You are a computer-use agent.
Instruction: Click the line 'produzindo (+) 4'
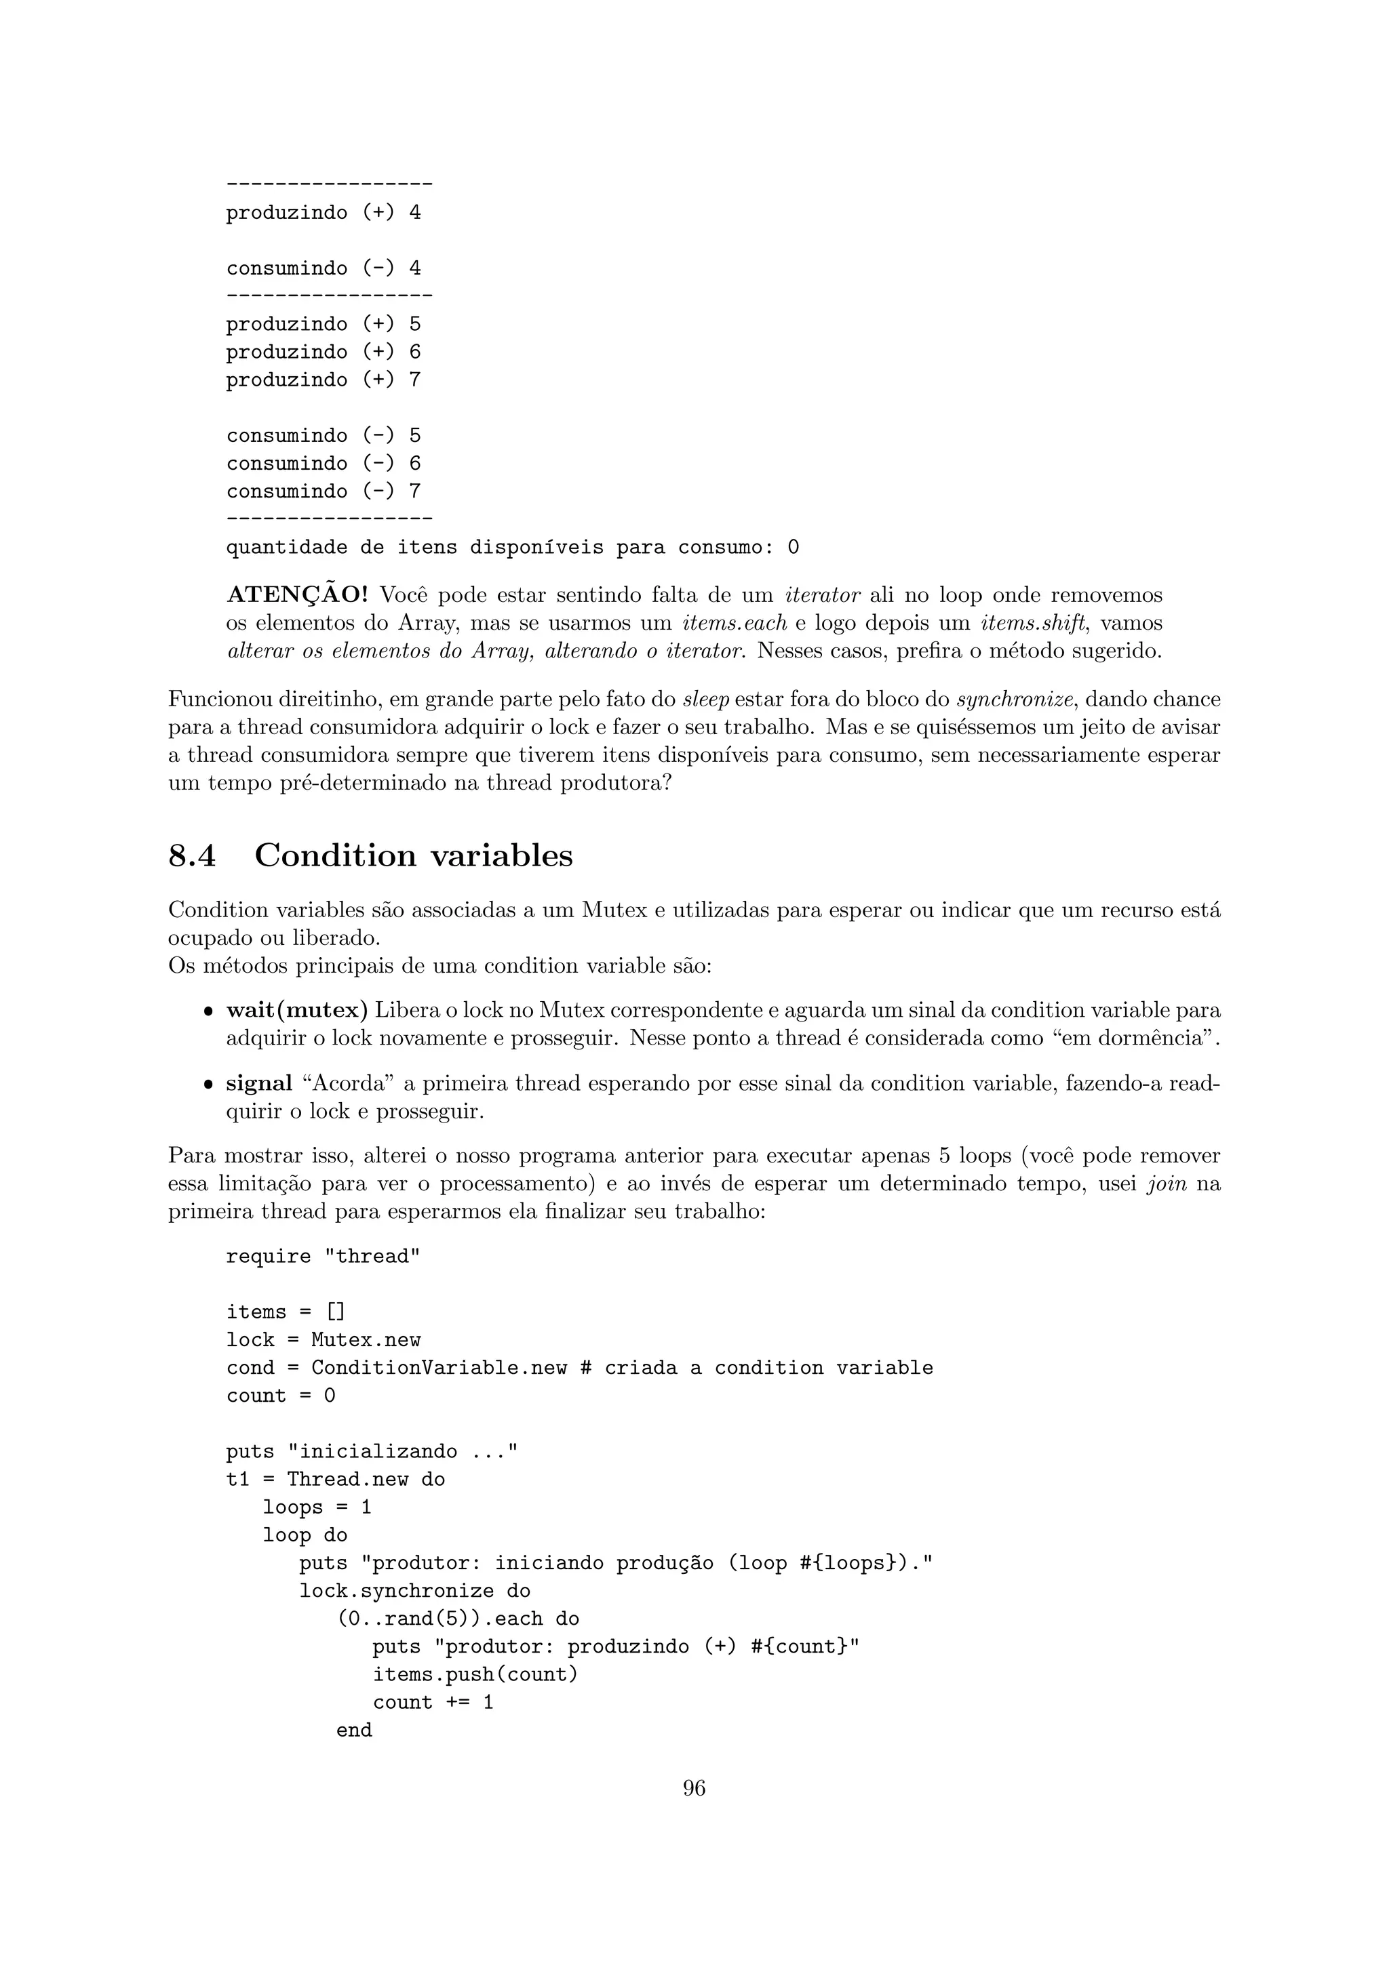(x=324, y=213)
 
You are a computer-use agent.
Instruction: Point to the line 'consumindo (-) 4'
(x=324, y=268)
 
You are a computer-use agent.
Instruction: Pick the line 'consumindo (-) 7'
(x=324, y=491)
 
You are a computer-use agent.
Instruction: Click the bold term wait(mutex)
(x=297, y=1011)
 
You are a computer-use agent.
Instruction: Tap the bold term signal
(x=259, y=1084)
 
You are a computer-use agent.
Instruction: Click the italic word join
(x=1167, y=1185)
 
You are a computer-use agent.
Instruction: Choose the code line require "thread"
(x=324, y=1257)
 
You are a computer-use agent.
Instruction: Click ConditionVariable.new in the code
(x=439, y=1368)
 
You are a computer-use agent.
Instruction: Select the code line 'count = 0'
(x=281, y=1396)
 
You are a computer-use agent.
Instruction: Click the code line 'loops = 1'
(x=317, y=1507)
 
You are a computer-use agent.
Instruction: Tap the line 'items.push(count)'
(x=475, y=1675)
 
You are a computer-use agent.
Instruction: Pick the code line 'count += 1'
(x=433, y=1702)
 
